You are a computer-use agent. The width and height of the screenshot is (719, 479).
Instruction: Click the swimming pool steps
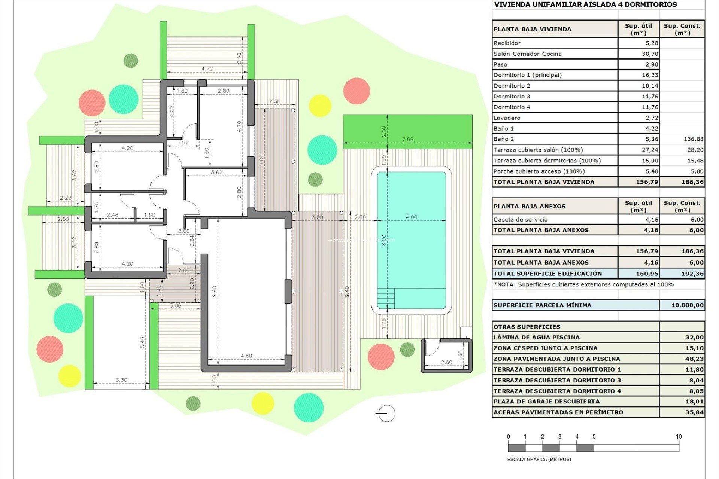pyautogui.click(x=386, y=298)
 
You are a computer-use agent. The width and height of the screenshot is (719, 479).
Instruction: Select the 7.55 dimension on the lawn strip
pyautogui.click(x=407, y=140)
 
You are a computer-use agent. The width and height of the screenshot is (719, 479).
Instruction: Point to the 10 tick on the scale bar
pyautogui.click(x=679, y=437)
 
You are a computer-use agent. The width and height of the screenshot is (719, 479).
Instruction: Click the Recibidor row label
pyautogui.click(x=507, y=43)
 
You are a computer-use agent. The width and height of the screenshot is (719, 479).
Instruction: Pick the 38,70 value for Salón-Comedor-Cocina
pyautogui.click(x=650, y=54)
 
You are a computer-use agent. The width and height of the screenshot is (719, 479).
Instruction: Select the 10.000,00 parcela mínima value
pyautogui.click(x=687, y=305)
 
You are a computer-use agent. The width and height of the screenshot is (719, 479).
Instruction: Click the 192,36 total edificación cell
pyautogui.click(x=692, y=274)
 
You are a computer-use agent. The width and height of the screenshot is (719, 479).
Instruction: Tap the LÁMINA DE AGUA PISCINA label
pyautogui.click(x=536, y=337)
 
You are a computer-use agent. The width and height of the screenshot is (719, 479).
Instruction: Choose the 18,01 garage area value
pyautogui.click(x=694, y=402)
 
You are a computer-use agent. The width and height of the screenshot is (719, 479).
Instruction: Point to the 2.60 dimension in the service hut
pyautogui.click(x=446, y=362)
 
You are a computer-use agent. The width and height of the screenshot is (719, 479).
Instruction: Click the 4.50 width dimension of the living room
pyautogui.click(x=246, y=356)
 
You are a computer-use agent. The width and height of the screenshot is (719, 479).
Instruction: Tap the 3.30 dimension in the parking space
pyautogui.click(x=121, y=380)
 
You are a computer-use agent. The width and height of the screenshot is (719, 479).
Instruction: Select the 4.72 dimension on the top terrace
pyautogui.click(x=207, y=69)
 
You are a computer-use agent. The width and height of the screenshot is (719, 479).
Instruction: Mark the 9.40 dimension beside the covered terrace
pyautogui.click(x=347, y=291)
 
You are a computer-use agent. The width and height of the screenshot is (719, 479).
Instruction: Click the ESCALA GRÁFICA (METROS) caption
pyautogui.click(x=539, y=459)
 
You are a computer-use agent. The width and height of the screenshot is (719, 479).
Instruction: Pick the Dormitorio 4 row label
pyautogui.click(x=512, y=107)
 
